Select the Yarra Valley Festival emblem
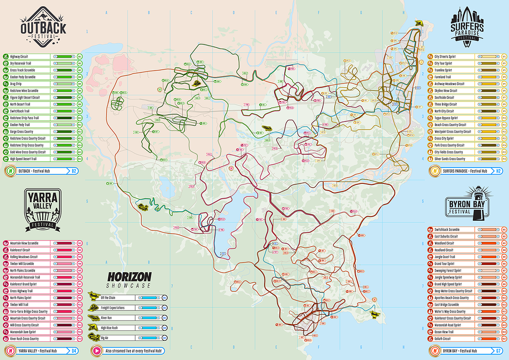coord(43,209)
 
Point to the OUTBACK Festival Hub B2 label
coord(40,170)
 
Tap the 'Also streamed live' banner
coord(128,351)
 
